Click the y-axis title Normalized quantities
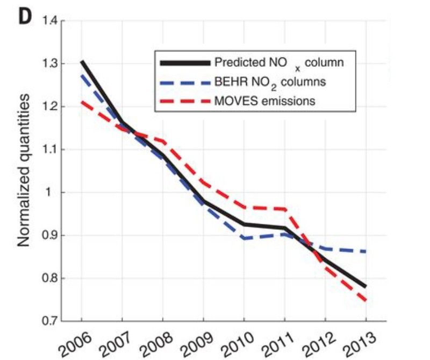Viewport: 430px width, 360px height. tap(25, 172)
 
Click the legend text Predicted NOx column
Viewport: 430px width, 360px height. tap(278, 62)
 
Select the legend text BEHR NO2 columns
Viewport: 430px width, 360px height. tap(270, 82)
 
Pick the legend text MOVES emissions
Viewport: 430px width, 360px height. tap(264, 101)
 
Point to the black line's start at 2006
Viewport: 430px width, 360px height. tap(81, 62)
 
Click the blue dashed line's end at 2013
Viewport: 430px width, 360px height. tap(366, 251)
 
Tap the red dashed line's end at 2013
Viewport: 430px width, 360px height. tap(366, 301)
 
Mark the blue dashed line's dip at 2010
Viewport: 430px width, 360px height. tap(244, 238)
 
